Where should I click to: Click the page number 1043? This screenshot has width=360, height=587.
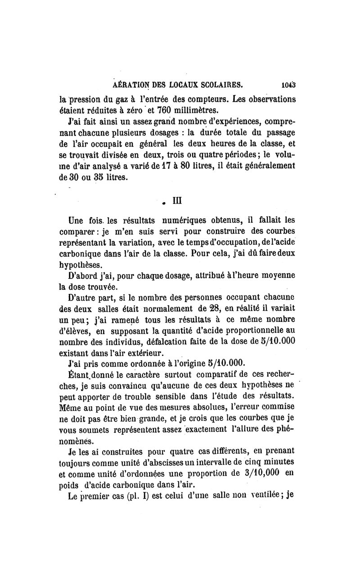tap(287, 84)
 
